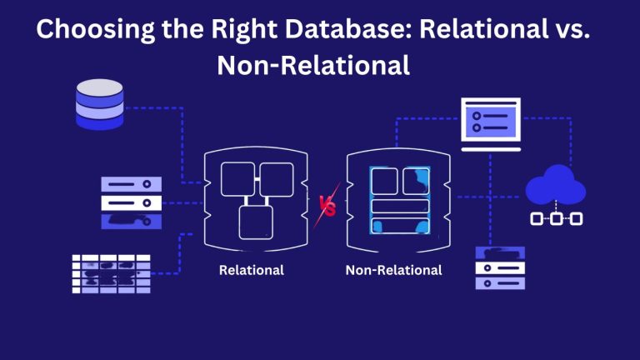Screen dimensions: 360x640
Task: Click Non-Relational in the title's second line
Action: pyautogui.click(x=313, y=65)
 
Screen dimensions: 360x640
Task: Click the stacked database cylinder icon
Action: pyautogui.click(x=98, y=104)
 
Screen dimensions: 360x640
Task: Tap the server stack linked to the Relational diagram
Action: pyautogui.click(x=131, y=202)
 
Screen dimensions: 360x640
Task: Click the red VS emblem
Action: pyautogui.click(x=327, y=205)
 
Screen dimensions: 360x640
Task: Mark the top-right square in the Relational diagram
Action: pyautogui.click(x=276, y=177)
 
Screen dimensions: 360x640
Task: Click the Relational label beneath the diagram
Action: pyautogui.click(x=251, y=270)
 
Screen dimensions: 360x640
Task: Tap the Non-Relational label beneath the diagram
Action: pyautogui.click(x=393, y=270)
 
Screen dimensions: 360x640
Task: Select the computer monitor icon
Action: pyautogui.click(x=490, y=119)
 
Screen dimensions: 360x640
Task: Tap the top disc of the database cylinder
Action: pyautogui.click(x=98, y=87)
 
